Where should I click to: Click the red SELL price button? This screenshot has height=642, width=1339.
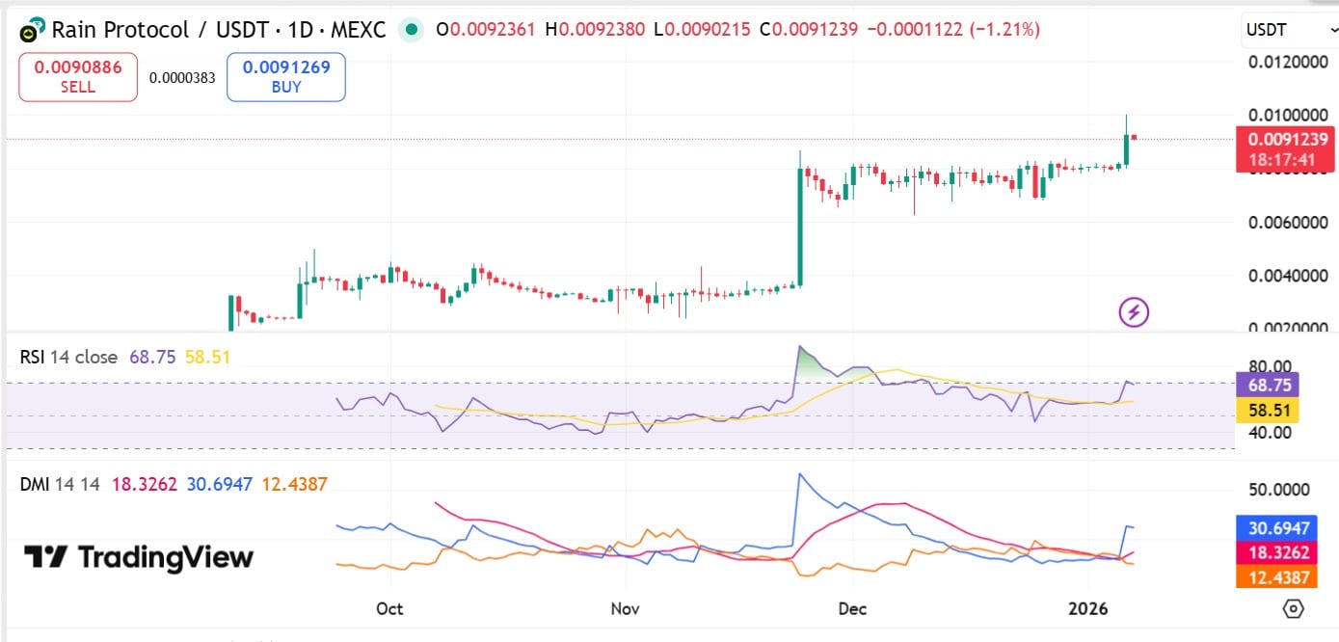click(78, 77)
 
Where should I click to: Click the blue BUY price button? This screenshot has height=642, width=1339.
click(286, 77)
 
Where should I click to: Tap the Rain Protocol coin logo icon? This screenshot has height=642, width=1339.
click(33, 30)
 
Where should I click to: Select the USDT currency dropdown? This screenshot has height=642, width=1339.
click(1286, 31)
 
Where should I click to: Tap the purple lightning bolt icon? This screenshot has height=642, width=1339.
click(1134, 311)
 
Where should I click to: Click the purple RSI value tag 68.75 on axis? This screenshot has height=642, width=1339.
click(1267, 385)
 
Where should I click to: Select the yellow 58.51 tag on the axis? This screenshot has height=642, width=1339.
click(1267, 410)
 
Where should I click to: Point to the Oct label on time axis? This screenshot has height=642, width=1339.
click(389, 609)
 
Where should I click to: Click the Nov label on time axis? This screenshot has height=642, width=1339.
click(626, 609)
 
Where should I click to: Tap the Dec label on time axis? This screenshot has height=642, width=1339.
click(853, 609)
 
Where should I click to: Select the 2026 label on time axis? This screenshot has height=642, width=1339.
click(1089, 609)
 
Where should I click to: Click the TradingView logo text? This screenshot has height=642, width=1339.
click(140, 557)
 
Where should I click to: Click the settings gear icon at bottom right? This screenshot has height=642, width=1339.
click(1294, 609)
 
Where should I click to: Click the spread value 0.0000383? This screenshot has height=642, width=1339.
click(182, 78)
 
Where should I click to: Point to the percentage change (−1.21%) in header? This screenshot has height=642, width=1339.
click(1005, 30)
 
